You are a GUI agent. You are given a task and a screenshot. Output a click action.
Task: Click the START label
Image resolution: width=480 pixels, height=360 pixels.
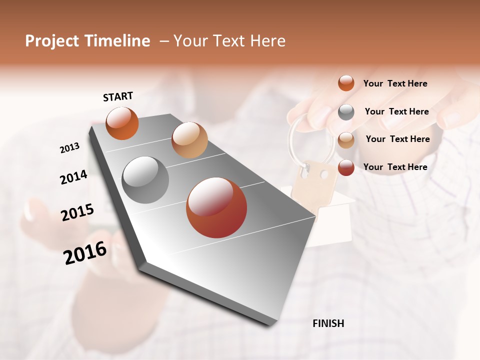click(118, 96)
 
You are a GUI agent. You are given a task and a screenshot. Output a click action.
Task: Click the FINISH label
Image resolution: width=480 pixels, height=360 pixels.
click(328, 323)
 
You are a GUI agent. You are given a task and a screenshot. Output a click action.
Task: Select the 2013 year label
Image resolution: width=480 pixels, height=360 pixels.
click(70, 148)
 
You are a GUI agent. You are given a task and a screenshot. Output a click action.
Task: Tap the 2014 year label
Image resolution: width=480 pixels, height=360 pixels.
click(74, 177)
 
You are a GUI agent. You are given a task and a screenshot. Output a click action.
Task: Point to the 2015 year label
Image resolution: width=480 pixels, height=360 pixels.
click(77, 212)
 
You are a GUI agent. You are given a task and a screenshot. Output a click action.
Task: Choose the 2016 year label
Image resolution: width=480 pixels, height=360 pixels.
click(85, 253)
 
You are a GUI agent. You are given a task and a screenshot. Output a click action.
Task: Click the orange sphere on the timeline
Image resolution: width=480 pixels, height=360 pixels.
click(122, 123)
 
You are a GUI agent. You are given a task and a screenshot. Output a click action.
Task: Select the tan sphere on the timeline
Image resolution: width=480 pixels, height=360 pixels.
click(189, 140)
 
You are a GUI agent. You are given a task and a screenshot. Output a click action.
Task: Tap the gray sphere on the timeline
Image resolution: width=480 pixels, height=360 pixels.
click(145, 180)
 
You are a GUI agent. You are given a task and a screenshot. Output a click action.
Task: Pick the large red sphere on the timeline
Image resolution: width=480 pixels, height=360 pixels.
click(216, 207)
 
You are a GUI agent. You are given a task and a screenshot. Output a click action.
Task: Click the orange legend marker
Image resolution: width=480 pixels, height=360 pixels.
click(346, 83)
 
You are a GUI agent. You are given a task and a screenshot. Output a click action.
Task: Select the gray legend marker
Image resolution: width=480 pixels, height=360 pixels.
click(346, 112)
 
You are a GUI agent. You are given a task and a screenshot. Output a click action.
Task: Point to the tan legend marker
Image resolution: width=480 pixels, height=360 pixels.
click(346, 140)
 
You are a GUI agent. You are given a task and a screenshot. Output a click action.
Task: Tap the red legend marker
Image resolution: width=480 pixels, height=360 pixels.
click(346, 167)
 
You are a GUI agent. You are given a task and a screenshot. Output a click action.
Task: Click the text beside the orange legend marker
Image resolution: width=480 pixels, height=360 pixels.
click(395, 83)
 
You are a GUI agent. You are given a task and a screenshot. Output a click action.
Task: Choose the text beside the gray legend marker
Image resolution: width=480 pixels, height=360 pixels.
click(396, 111)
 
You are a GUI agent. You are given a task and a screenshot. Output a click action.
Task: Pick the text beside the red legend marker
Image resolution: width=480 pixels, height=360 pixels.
click(395, 167)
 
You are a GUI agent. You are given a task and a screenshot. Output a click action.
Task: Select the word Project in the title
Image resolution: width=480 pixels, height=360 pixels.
click(51, 41)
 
